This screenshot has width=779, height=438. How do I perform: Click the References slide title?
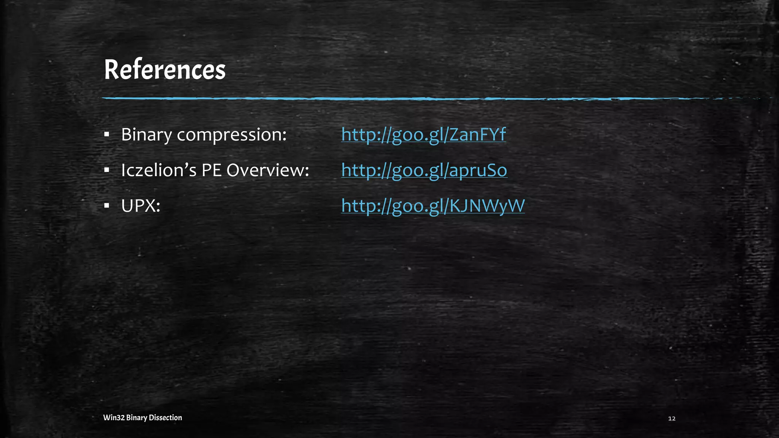165,70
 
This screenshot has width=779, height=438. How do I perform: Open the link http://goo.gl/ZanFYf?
423,135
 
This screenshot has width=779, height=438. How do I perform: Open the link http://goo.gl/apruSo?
424,170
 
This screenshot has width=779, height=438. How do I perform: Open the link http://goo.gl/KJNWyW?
433,206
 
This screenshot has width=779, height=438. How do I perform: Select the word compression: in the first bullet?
232,135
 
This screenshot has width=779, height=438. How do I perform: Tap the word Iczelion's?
159,170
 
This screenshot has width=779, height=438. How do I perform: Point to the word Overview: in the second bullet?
268,170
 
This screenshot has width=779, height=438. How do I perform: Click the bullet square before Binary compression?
107,135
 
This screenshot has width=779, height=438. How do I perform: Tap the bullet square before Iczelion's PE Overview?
107,170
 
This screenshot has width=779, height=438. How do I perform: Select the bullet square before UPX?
107,206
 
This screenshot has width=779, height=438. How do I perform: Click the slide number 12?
672,419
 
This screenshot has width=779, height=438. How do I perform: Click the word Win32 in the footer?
114,417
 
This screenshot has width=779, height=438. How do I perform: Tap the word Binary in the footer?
136,417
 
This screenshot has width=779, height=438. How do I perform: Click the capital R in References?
112,70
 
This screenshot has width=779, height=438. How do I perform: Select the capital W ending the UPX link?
516,206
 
